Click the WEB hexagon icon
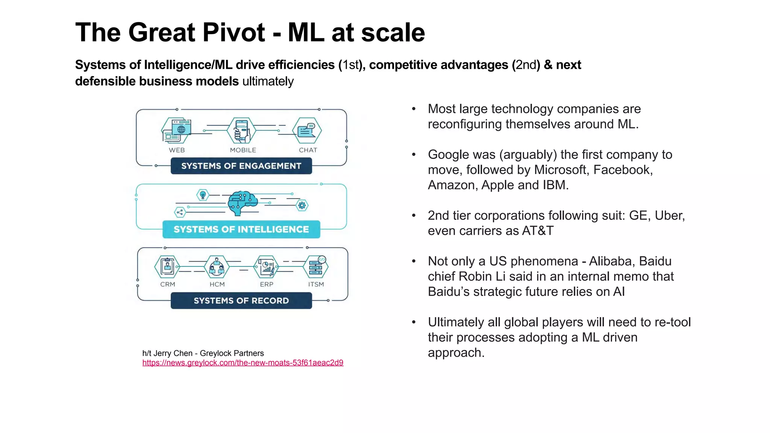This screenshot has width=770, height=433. (x=176, y=131)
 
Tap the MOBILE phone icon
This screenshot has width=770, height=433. (x=241, y=130)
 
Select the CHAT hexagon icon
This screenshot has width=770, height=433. (x=307, y=131)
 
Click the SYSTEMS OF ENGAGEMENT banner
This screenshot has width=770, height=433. (x=241, y=166)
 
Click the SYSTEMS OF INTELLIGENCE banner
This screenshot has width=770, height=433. (x=241, y=229)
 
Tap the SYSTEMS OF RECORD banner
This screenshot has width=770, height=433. (x=241, y=301)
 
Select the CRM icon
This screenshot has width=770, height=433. (x=167, y=267)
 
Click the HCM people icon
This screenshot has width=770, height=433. (x=217, y=267)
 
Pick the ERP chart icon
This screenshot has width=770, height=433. (x=267, y=267)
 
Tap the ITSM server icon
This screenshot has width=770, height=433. (x=316, y=267)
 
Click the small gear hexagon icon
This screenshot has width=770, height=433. (x=302, y=205)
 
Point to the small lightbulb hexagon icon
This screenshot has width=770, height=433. (x=203, y=195)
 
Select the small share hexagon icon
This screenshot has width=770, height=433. (x=180, y=212)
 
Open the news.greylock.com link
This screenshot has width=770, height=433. (x=243, y=363)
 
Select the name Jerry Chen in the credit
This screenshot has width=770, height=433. (x=173, y=353)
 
